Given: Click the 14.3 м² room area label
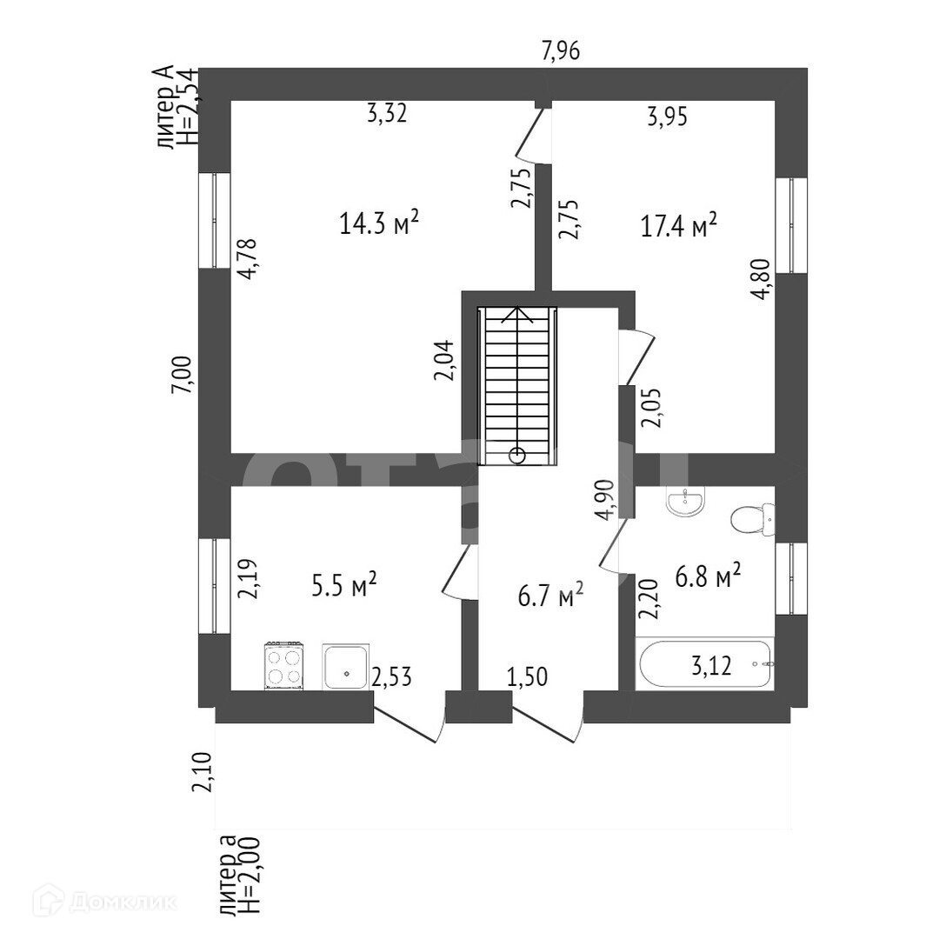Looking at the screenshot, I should (380, 224).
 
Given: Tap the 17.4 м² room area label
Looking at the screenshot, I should (679, 227).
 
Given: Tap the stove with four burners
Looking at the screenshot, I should (284, 667).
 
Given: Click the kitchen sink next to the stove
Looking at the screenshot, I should (346, 667).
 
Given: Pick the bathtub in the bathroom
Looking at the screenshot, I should (705, 665).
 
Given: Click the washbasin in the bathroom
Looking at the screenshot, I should (686, 501).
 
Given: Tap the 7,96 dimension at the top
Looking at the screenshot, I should (561, 52).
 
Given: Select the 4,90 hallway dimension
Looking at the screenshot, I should (606, 499).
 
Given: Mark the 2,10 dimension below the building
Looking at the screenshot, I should (203, 772).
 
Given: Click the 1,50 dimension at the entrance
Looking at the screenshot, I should (527, 677).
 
